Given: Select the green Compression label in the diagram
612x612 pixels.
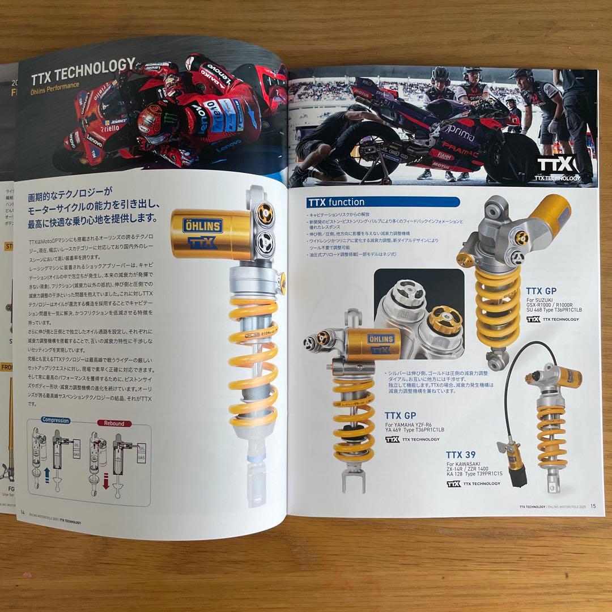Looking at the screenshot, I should pyautogui.click(x=55, y=420).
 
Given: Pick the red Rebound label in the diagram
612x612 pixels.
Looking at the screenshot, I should pyautogui.click(x=114, y=423).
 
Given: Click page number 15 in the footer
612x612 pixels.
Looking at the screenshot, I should pyautogui.click(x=593, y=506).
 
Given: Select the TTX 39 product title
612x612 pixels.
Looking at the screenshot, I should pyautogui.click(x=461, y=454).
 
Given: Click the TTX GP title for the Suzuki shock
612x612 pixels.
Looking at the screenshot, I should pyautogui.click(x=541, y=291).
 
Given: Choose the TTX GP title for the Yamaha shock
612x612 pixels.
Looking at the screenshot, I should pyautogui.click(x=400, y=415).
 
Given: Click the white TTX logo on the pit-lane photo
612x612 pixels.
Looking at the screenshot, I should pyautogui.click(x=556, y=165).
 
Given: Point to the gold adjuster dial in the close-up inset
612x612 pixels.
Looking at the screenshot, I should pyautogui.click(x=445, y=321).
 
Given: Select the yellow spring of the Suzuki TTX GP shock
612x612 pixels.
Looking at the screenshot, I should pyautogui.click(x=498, y=306).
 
